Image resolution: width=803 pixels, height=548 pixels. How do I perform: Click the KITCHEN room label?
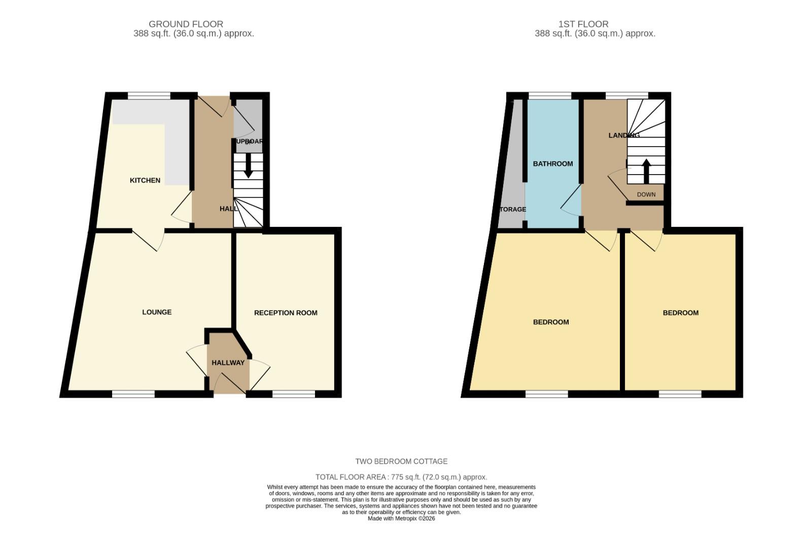point(145,180)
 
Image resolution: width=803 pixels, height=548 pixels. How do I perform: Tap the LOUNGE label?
point(157,312)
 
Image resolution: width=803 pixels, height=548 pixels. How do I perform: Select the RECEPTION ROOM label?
point(286,313)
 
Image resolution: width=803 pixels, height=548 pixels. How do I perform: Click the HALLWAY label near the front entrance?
point(228,363)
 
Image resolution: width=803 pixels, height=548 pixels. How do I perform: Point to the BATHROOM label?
point(553,163)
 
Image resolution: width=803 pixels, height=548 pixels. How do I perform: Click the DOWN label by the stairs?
point(646,194)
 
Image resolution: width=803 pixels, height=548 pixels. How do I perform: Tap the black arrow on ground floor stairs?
point(248,166)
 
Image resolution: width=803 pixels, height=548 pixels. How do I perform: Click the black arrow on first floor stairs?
point(646,171)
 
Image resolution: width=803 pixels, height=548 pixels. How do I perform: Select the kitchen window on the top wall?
point(149,95)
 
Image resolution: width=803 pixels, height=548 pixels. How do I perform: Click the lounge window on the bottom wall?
point(133,394)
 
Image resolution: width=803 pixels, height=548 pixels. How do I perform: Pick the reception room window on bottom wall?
point(294,394)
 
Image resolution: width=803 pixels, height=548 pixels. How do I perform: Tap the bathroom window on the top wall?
point(550,95)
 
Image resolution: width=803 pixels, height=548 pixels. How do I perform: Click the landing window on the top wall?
point(626,95)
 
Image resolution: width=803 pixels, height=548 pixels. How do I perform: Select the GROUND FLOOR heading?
point(186,24)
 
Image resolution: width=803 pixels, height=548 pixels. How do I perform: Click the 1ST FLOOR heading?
point(583,24)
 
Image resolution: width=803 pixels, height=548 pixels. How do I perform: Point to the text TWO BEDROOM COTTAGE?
point(401,461)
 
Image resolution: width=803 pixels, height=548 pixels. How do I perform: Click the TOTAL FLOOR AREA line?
point(401,477)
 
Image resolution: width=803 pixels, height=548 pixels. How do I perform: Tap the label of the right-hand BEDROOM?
point(680,313)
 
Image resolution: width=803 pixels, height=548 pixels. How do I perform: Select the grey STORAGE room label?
point(512,209)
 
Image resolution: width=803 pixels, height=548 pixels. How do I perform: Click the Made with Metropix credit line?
point(401,519)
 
